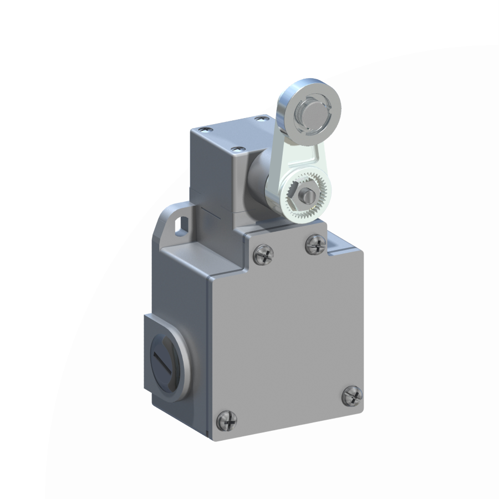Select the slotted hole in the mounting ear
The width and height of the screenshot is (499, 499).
(180, 225)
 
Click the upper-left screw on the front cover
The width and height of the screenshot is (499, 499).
(264, 254)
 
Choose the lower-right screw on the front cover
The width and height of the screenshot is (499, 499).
(352, 395)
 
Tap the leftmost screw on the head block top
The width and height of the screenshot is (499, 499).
(206, 129)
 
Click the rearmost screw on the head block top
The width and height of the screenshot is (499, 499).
(261, 118)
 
